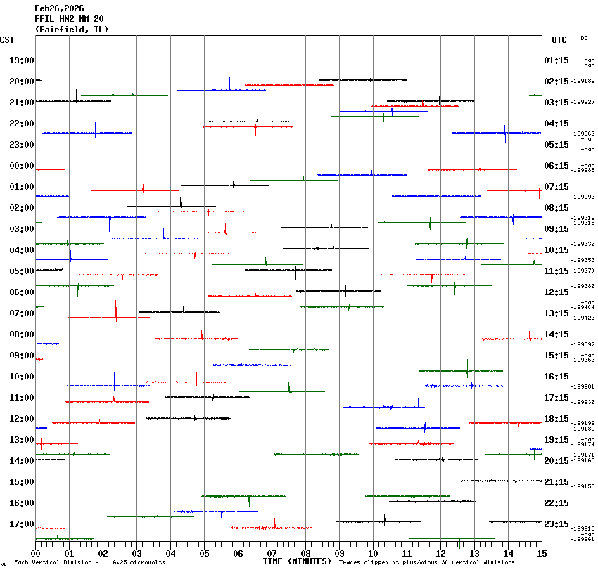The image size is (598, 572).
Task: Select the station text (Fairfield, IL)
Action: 72,30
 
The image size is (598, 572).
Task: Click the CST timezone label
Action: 7,40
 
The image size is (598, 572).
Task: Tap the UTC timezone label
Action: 559,40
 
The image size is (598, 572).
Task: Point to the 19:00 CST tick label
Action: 22,60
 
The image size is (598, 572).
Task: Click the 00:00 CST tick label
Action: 22,166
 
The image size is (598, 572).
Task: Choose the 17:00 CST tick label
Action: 22,524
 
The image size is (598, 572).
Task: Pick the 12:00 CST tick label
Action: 22,419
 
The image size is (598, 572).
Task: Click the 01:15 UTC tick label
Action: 556,60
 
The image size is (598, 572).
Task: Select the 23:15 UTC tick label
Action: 556,524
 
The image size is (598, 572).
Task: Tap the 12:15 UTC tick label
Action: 556,292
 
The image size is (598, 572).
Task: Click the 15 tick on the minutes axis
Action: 542,554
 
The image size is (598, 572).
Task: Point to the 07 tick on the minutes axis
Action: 272,554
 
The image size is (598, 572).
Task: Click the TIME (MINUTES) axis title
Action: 297,561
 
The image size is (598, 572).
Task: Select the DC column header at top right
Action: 584,38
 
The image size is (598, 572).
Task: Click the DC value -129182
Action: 584,82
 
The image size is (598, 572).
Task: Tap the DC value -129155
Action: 584,486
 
